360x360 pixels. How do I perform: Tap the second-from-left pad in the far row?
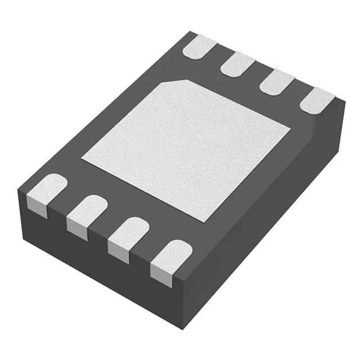pyautogui.click(x=238, y=64)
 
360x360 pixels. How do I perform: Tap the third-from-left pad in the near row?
pyautogui.click(x=128, y=231)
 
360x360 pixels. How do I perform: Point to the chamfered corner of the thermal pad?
pyautogui.click(x=176, y=83)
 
